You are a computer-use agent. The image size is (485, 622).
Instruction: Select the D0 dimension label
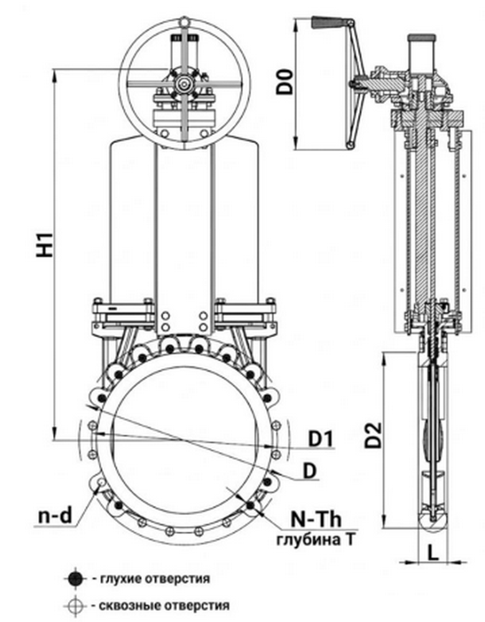(x=285, y=81)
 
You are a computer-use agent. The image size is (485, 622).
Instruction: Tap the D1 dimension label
(x=321, y=439)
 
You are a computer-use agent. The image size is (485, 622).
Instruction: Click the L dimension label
(x=433, y=552)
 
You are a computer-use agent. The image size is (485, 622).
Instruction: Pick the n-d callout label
(x=55, y=515)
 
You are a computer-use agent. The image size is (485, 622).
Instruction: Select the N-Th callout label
(x=316, y=519)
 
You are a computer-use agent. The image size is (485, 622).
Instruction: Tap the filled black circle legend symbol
(x=75, y=578)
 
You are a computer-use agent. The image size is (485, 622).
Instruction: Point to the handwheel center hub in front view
(x=184, y=84)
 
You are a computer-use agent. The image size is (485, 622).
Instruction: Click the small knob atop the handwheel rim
(x=184, y=21)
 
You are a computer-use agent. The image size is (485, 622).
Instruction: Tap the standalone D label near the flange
(x=309, y=471)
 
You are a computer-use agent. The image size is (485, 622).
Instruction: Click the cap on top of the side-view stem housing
(x=422, y=39)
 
